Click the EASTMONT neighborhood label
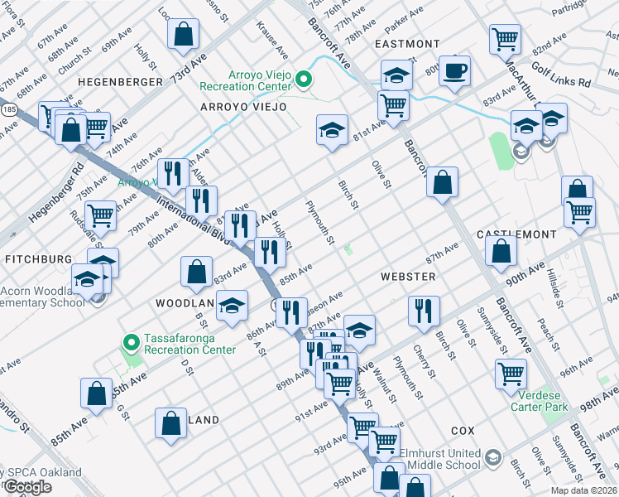(x=407, y=44)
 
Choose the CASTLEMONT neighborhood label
(x=516, y=235)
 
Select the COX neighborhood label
(x=463, y=432)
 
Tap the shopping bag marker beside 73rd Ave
(x=183, y=35)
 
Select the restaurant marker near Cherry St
(x=423, y=311)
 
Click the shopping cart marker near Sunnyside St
(x=510, y=373)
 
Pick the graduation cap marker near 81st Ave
(x=332, y=130)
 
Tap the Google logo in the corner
(x=27, y=487)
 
